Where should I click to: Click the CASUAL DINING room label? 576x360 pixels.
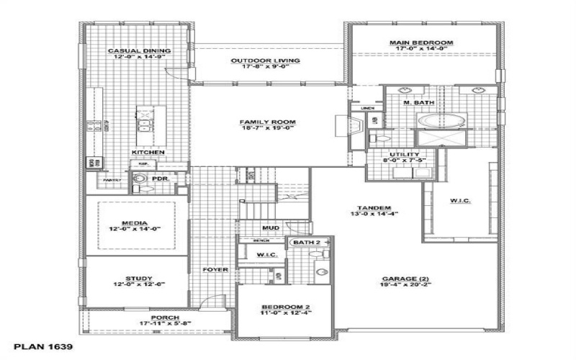(139, 51)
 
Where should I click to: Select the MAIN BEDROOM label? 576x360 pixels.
(421, 43)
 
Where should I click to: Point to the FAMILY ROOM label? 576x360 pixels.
(268, 122)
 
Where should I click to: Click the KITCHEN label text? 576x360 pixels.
(148, 153)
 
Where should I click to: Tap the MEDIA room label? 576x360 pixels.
(134, 223)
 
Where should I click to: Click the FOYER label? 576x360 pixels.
(215, 270)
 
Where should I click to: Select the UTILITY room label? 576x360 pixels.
(403, 155)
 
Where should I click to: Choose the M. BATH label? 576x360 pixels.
(418, 103)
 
